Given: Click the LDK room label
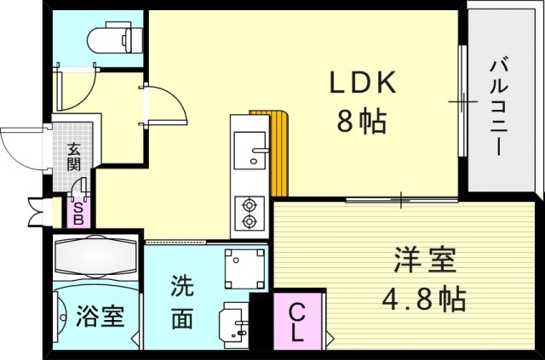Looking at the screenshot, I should coord(361,83).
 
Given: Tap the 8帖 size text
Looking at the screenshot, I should coord(361,122).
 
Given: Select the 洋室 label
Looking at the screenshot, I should coord(424,258).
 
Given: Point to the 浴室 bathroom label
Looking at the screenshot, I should coord(100,316).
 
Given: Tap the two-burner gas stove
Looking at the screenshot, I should coord(249,213).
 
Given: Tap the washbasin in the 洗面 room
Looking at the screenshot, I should coord(232,323).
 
